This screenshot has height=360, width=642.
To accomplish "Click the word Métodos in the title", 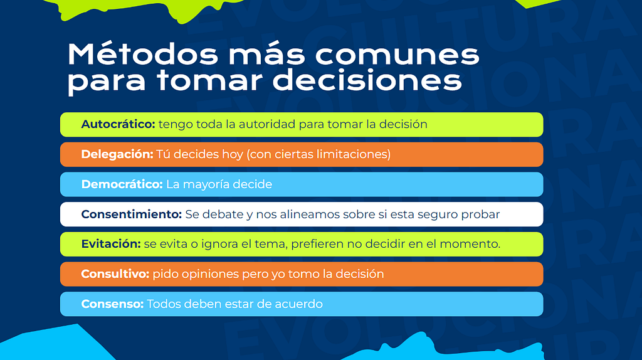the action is [x=143, y=54].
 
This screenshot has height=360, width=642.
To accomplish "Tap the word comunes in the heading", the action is [x=397, y=56].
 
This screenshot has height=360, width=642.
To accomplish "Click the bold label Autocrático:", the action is [x=118, y=124].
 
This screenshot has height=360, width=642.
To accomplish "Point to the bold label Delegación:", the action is [x=117, y=154].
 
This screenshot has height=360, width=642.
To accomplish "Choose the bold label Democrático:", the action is [x=122, y=184].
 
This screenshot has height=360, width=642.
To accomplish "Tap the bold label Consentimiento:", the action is [x=132, y=214].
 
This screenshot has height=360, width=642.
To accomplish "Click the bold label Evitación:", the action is [x=111, y=244].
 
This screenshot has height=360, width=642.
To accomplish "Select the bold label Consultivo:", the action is [x=115, y=274].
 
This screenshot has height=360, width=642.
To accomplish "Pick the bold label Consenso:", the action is [x=112, y=304].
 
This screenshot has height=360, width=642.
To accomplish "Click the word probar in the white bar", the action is [x=480, y=215].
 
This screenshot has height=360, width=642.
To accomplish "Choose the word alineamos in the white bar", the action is [x=309, y=214].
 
